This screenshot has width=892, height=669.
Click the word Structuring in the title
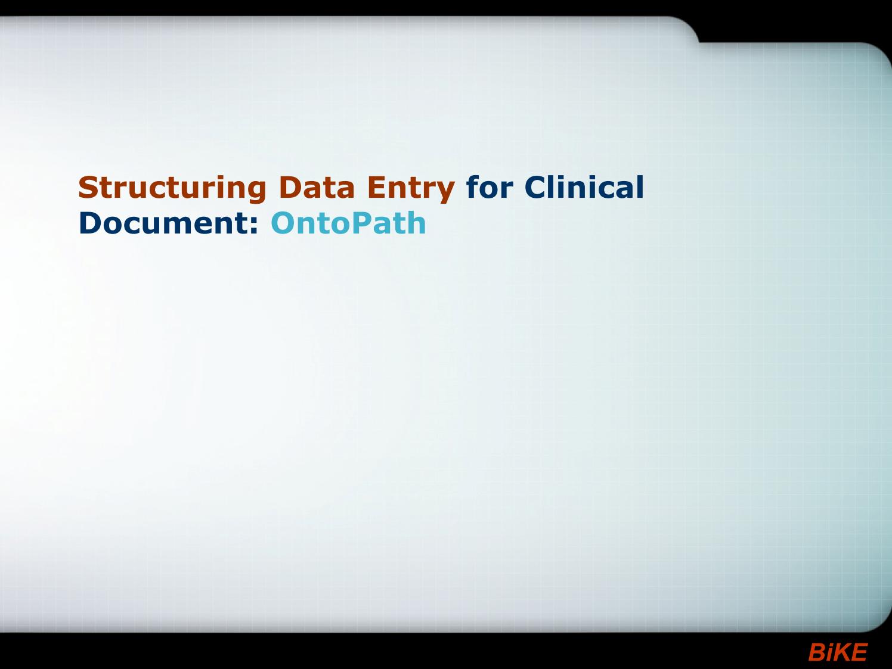click(x=172, y=189)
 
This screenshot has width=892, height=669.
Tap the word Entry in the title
click(x=411, y=189)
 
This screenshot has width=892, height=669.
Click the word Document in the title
click(x=165, y=222)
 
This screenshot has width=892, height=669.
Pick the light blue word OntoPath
click(x=348, y=222)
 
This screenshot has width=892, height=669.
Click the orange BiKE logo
click(x=838, y=652)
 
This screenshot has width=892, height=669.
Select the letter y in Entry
click(x=444, y=192)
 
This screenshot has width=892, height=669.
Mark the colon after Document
click(x=254, y=226)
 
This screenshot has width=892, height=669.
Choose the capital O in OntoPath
click(x=284, y=222)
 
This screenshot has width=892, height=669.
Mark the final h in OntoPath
click(x=416, y=222)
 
